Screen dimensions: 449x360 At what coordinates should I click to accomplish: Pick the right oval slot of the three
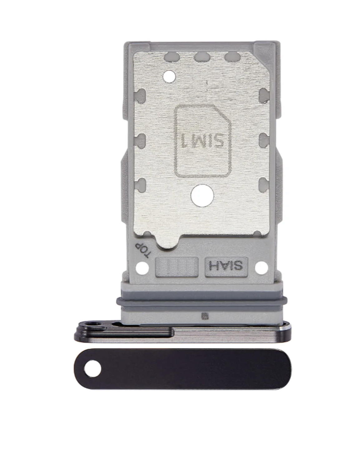click(232, 57)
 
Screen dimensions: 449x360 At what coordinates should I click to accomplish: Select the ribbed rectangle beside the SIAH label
click(177, 267)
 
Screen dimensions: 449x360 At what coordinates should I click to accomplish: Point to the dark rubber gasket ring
click(202, 301)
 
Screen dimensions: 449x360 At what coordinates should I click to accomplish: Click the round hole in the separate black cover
click(93, 370)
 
